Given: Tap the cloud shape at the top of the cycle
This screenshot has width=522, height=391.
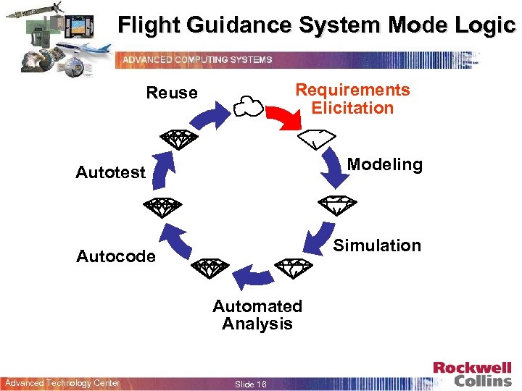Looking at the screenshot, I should click(x=248, y=106).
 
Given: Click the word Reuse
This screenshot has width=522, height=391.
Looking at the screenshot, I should click(x=172, y=93).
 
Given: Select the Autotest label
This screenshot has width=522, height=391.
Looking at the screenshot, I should click(x=111, y=172).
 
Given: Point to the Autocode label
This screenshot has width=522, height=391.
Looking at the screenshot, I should click(x=116, y=256).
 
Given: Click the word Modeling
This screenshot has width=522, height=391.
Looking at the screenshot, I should click(x=384, y=164).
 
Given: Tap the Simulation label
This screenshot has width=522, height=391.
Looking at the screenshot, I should click(x=377, y=245).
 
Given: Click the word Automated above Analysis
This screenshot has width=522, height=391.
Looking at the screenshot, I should click(x=257, y=306).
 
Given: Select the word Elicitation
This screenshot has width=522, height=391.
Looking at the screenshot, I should click(x=352, y=108).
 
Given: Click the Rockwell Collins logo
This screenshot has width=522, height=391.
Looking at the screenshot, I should click(x=472, y=374).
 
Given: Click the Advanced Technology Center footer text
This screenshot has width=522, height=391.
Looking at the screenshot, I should click(x=62, y=383).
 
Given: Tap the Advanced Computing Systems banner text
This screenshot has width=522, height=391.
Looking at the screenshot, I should click(x=197, y=59).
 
